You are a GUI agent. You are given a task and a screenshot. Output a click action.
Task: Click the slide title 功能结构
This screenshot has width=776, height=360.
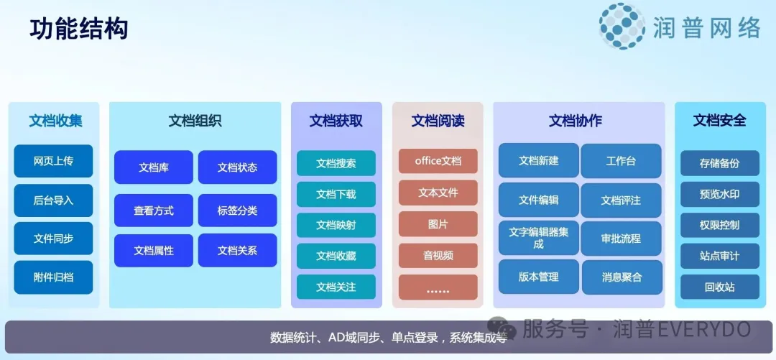coord(79,29)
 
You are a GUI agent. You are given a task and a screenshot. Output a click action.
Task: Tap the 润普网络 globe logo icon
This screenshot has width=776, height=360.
coord(622,27)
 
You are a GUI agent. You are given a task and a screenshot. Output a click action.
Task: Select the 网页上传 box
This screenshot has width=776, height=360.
coord(53,161)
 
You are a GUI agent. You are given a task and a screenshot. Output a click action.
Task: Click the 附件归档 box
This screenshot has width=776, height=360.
coord(53,277)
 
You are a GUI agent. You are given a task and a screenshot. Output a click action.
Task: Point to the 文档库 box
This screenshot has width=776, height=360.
coord(153,167)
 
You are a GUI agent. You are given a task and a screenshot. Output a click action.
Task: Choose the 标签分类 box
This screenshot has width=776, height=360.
coord(237,211)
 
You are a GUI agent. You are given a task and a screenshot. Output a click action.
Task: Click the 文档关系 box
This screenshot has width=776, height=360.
coord(237,251)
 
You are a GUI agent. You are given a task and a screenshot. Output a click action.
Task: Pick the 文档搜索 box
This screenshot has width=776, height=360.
coord(336,163)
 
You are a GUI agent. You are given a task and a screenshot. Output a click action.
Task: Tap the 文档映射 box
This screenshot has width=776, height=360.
coord(336,225)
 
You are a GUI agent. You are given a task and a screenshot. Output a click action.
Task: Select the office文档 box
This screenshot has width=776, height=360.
coord(438,161)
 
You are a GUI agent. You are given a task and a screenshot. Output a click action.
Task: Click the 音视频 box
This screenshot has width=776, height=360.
coord(438,256)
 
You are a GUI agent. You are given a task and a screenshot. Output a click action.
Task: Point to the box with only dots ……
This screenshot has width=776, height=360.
coord(438,288)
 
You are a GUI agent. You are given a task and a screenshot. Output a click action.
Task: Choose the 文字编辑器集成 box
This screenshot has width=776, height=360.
coord(538,238)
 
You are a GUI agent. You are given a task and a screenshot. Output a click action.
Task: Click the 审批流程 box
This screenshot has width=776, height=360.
coord(621,238)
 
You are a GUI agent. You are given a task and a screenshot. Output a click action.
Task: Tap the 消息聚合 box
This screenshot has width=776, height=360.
coord(621,277)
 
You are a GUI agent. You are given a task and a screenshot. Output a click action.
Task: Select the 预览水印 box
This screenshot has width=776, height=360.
coord(719,194)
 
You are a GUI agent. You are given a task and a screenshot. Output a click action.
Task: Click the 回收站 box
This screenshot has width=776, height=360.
coord(719,287)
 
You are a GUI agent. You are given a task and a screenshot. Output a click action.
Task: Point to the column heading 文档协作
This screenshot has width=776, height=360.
coord(575,121)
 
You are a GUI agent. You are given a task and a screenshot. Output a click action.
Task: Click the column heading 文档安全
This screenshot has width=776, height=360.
coord(719,121)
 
